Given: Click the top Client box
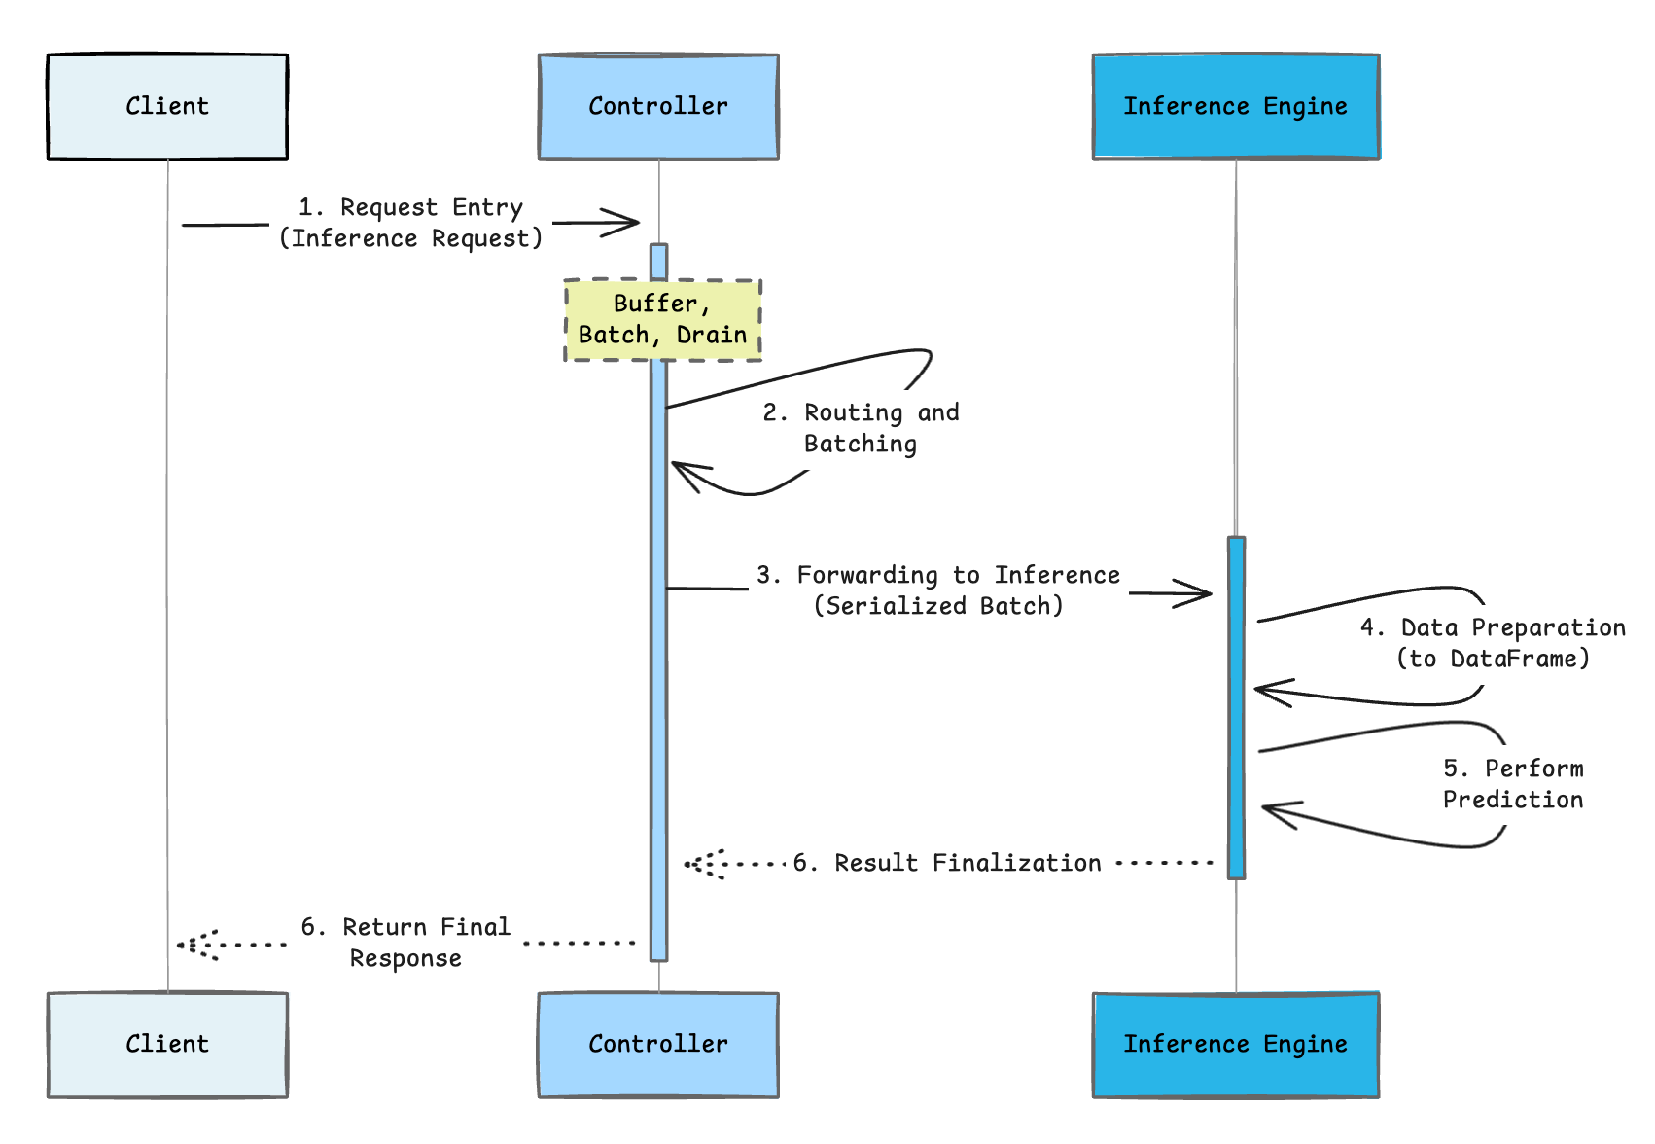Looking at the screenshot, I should point(167,106).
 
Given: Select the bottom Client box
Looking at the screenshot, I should point(167,1045).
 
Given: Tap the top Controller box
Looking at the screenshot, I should point(658,106).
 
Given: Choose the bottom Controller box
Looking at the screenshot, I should point(658,1045).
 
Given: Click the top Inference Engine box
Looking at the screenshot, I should point(1236,106).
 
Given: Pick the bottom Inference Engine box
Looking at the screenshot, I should point(1236,1045).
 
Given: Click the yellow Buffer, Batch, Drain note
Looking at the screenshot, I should point(662,320).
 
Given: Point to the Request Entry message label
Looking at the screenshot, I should point(410,223).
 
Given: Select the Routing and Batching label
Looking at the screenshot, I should point(862,428).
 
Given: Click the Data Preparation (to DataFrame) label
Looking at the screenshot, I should point(1493,643).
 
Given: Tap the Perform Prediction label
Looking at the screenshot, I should point(1513,784).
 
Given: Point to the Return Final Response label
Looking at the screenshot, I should point(405,943).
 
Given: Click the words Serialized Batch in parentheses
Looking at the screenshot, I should point(938,606).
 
